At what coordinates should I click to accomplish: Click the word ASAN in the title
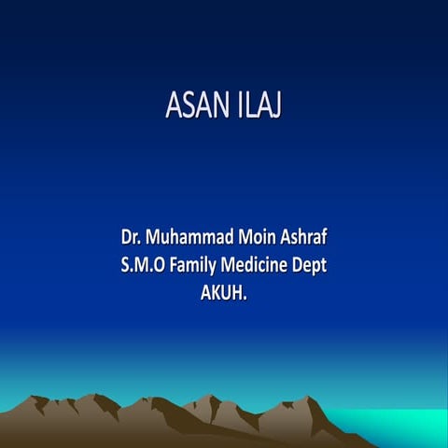(194, 106)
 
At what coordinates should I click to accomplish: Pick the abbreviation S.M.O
(141, 265)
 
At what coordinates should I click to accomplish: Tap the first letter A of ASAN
(174, 106)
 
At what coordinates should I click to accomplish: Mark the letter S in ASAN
(188, 106)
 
